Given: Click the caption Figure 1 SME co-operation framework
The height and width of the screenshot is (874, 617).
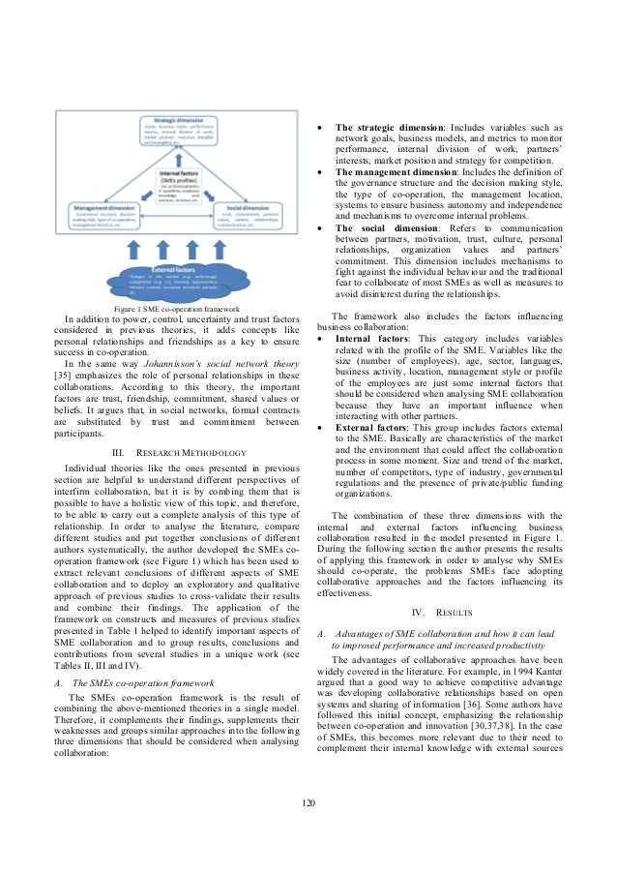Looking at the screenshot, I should pos(176,308).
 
